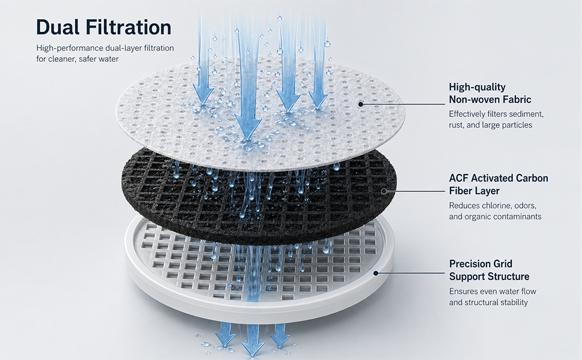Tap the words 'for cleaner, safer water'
[77, 59]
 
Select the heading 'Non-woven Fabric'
[490, 100]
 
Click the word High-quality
[477, 87]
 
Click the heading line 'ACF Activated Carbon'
[499, 178]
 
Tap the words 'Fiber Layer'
[474, 191]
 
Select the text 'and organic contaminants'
[495, 217]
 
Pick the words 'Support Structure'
[489, 277]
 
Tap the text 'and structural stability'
[488, 302]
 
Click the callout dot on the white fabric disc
[361, 104]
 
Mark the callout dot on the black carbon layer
[384, 191]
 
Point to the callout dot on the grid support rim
[376, 273]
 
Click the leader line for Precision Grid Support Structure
[410, 273]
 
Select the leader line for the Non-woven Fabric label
[403, 104]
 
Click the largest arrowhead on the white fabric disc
[248, 128]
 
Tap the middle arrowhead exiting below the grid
[253, 346]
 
